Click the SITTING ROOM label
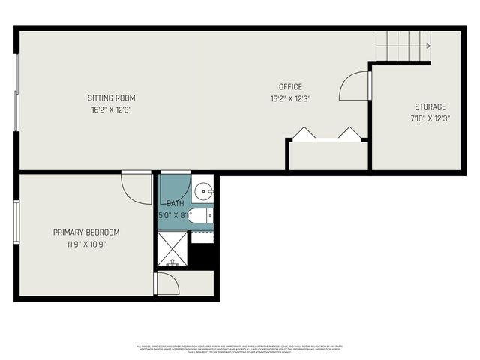111,97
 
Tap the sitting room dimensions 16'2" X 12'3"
111,109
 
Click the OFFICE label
290,87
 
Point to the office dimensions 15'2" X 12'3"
290,98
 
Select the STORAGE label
430,106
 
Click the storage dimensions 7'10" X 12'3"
430,118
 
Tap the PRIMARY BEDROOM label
86,232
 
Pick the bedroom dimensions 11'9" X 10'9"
86,244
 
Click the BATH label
175,203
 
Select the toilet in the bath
199,217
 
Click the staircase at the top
403,46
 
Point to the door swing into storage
354,86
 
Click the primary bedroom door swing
137,187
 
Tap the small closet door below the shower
167,283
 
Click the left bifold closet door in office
304,133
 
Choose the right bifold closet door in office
349,133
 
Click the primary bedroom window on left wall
16,221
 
